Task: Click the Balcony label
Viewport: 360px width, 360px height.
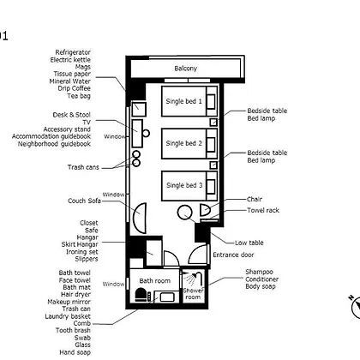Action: (x=186, y=69)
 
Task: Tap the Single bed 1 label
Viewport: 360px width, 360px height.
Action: (x=183, y=101)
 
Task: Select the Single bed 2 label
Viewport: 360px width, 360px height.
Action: (x=183, y=143)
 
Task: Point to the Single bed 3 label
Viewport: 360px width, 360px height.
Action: (x=184, y=185)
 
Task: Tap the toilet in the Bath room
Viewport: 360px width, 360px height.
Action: (x=141, y=295)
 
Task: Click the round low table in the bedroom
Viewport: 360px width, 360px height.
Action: (x=185, y=213)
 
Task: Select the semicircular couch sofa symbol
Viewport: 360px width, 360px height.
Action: (x=140, y=218)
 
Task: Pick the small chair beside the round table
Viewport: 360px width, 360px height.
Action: (x=205, y=210)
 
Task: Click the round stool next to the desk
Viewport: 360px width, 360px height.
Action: (x=146, y=133)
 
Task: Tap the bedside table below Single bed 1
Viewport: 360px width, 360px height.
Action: (x=213, y=123)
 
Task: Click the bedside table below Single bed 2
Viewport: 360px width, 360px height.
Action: (x=213, y=165)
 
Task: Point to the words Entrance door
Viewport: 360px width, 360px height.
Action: (x=233, y=255)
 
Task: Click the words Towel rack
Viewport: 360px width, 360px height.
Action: (x=263, y=210)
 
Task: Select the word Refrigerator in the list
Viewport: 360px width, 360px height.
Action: (x=73, y=52)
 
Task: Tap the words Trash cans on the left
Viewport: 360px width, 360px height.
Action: (x=83, y=167)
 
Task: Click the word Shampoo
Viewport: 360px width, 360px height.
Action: (x=260, y=272)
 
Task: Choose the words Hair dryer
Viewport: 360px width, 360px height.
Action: (x=75, y=294)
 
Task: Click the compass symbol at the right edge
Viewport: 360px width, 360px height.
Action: (x=355, y=306)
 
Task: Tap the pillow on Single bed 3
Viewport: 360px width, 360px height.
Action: (x=211, y=186)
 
